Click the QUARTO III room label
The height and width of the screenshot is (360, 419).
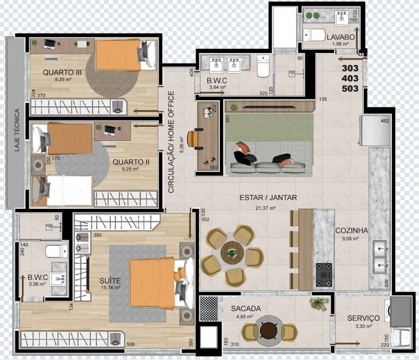pyautogui.click(x=62, y=72)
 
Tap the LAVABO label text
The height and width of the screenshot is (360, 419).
pyautogui.click(x=340, y=37)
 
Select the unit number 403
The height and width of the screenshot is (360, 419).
pyautogui.click(x=350, y=78)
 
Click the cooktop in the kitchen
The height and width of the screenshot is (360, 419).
pyautogui.click(x=324, y=275)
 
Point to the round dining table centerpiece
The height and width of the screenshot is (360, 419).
pyautogui.click(x=232, y=252)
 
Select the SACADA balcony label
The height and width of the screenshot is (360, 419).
pyautogui.click(x=246, y=309)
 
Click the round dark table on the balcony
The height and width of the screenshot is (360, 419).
pyautogui.click(x=269, y=330)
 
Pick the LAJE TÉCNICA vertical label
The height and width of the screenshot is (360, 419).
pyautogui.click(x=17, y=130)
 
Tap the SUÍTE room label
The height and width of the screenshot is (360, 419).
pyautogui.click(x=110, y=281)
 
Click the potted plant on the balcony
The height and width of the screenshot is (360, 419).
pyautogui.click(x=319, y=304)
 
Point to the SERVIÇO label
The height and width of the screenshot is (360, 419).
pyautogui.click(x=363, y=318)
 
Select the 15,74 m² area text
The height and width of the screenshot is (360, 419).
pyautogui.click(x=110, y=288)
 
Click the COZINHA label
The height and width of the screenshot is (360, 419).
pyautogui.click(x=352, y=231)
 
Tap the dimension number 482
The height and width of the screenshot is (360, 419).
pyautogui.click(x=385, y=121)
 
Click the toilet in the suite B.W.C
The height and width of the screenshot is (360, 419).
pyautogui.click(x=57, y=251)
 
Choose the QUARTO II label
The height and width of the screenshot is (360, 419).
pyautogui.click(x=131, y=162)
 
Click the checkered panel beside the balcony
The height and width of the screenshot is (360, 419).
pyautogui.click(x=209, y=308)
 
